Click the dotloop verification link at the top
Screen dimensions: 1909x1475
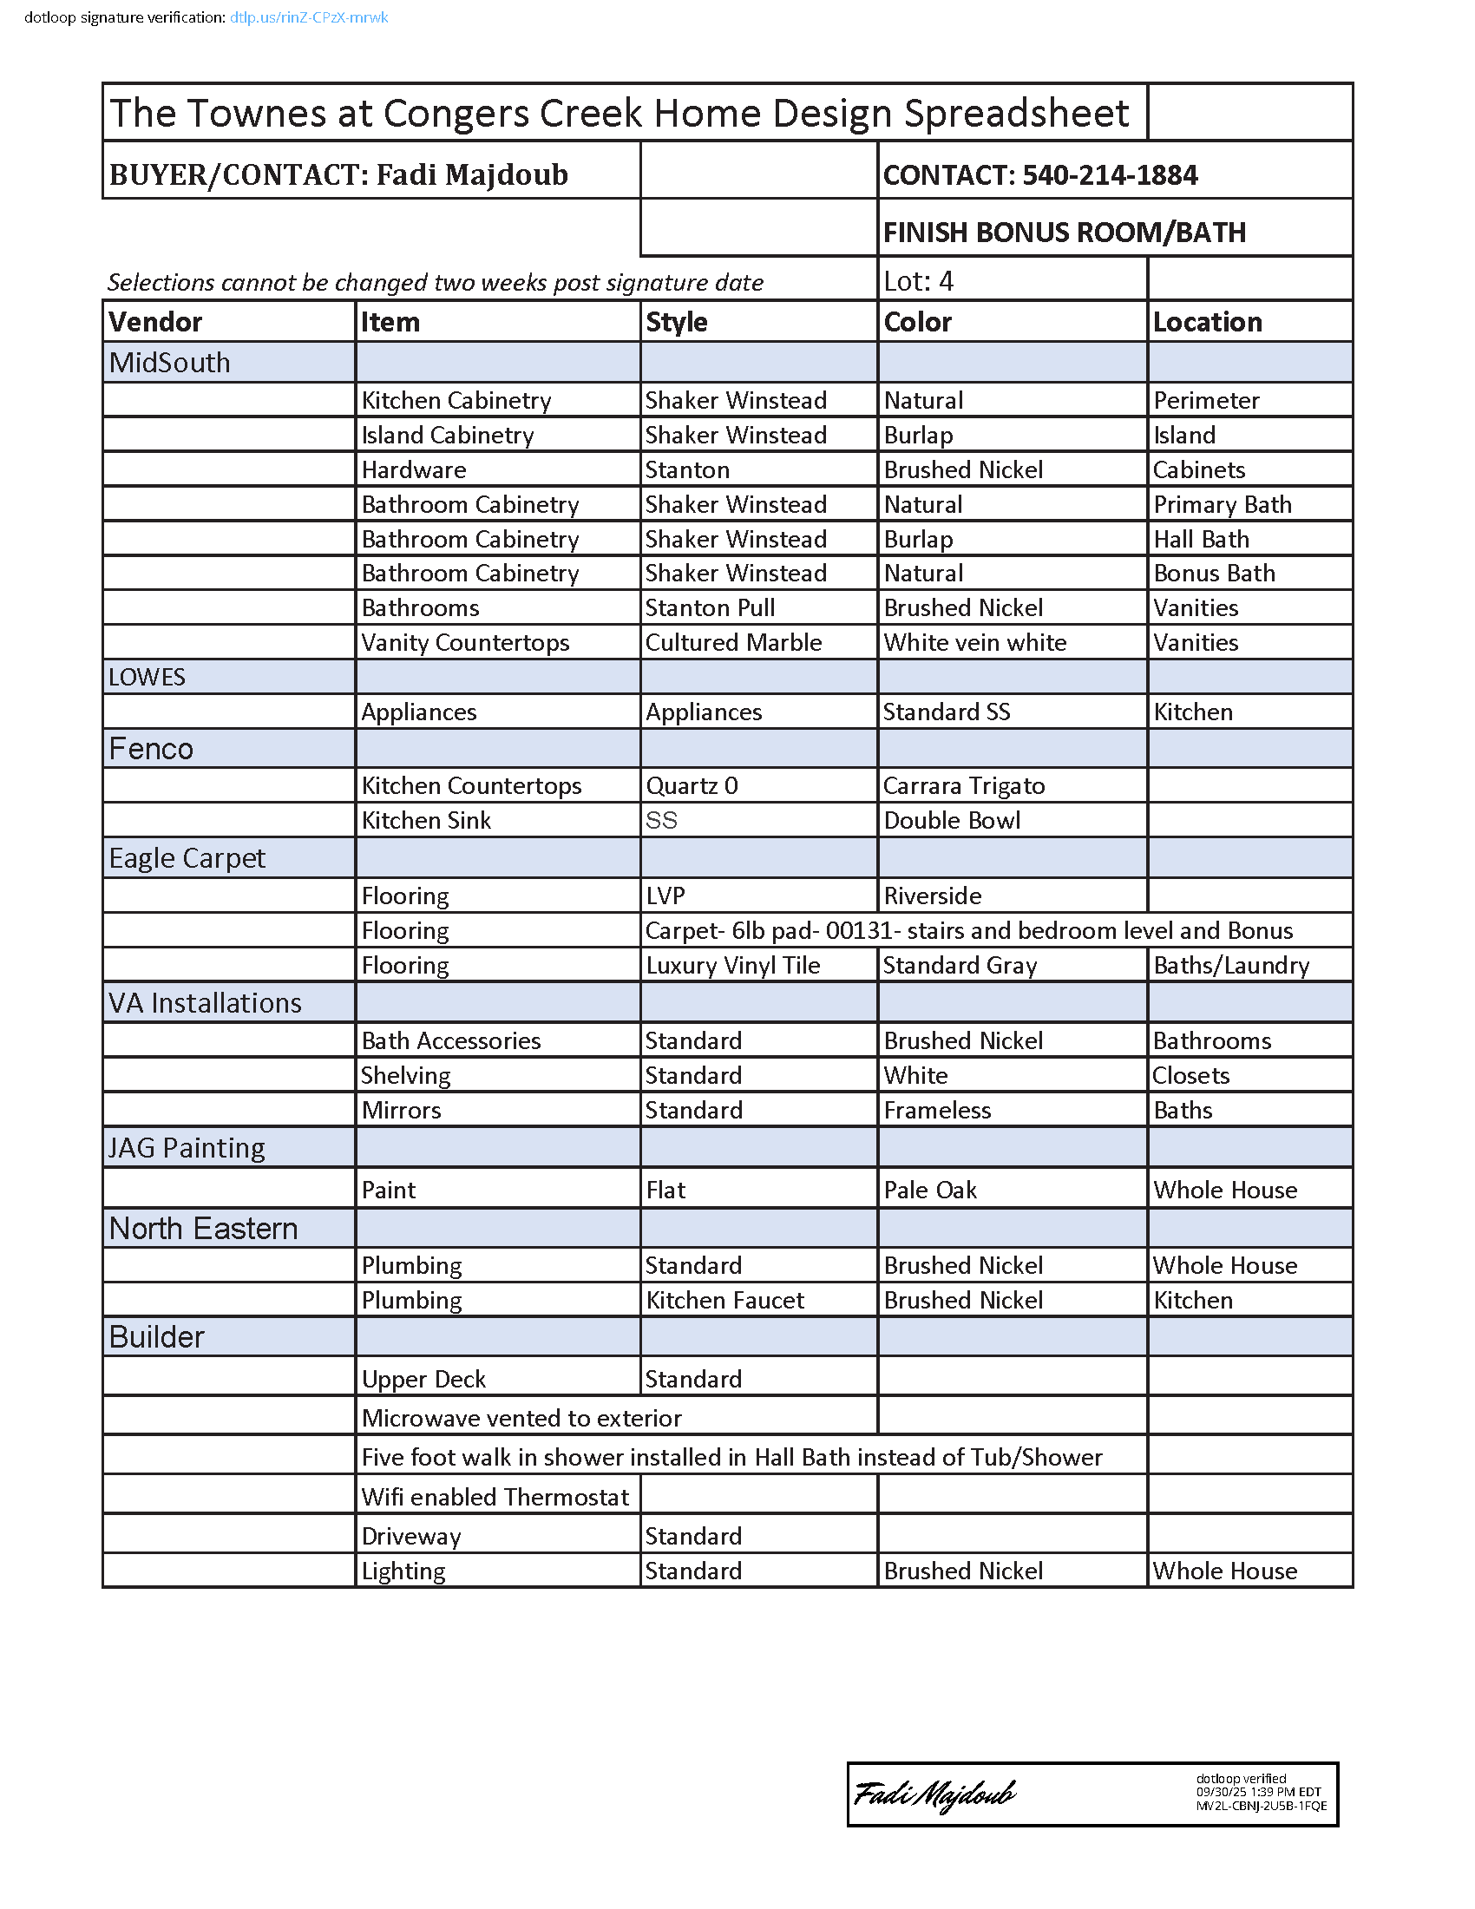coord(309,17)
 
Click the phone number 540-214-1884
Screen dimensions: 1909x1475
coord(1109,175)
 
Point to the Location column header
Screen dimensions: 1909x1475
coord(1207,323)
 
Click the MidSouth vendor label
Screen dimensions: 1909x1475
coord(169,363)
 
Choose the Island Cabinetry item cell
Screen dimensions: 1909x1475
coord(448,436)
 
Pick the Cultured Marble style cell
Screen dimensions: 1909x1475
coord(733,642)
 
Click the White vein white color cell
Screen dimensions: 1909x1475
coord(974,642)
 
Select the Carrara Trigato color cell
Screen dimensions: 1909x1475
coord(964,786)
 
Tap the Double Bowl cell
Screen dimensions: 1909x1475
coord(952,821)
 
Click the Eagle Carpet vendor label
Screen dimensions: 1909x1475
coord(187,858)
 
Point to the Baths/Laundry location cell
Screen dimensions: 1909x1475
coord(1230,966)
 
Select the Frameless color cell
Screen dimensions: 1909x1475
coord(937,1111)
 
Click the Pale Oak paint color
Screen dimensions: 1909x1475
coord(930,1191)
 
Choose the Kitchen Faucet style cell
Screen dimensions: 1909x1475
coord(724,1301)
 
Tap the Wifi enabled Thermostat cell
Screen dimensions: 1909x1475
coord(495,1498)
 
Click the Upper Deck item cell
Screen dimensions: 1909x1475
coord(423,1380)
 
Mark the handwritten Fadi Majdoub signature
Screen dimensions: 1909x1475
coord(934,1794)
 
